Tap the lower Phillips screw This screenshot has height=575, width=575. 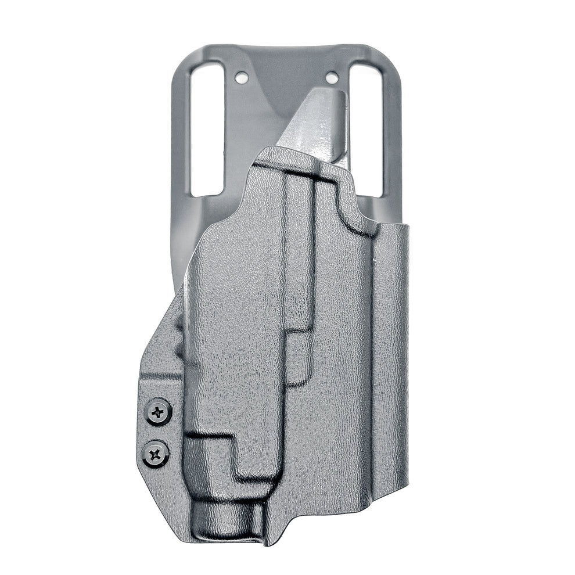coord(156,451)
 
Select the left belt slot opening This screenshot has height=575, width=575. coord(206,128)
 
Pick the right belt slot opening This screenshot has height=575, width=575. coord(366,128)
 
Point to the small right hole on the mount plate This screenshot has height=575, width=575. coord(332,77)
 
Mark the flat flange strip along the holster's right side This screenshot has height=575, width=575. coord(390,360)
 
